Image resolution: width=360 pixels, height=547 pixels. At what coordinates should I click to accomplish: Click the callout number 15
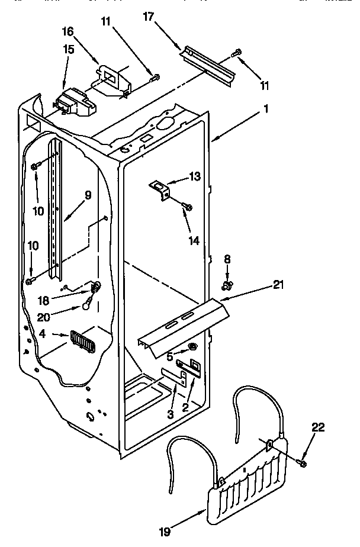click(69, 50)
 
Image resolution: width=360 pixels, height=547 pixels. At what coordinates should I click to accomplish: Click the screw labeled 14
click(189, 207)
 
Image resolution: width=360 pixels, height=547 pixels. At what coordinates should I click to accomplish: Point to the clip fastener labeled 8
click(226, 287)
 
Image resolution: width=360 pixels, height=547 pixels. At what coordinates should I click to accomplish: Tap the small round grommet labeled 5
click(193, 347)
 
